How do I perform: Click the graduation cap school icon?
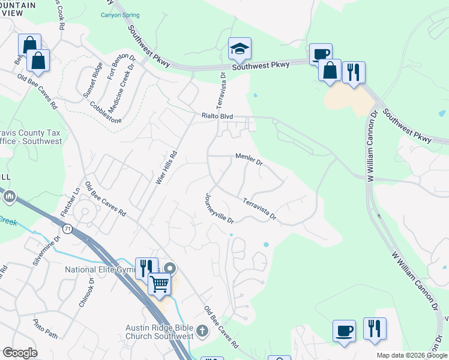point(240,49)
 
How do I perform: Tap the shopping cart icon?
point(159,283)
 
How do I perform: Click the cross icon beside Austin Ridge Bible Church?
point(203,330)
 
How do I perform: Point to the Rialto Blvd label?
point(216,116)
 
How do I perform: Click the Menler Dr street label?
point(249,158)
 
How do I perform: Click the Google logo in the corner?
point(20,353)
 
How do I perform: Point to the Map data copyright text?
point(412,355)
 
